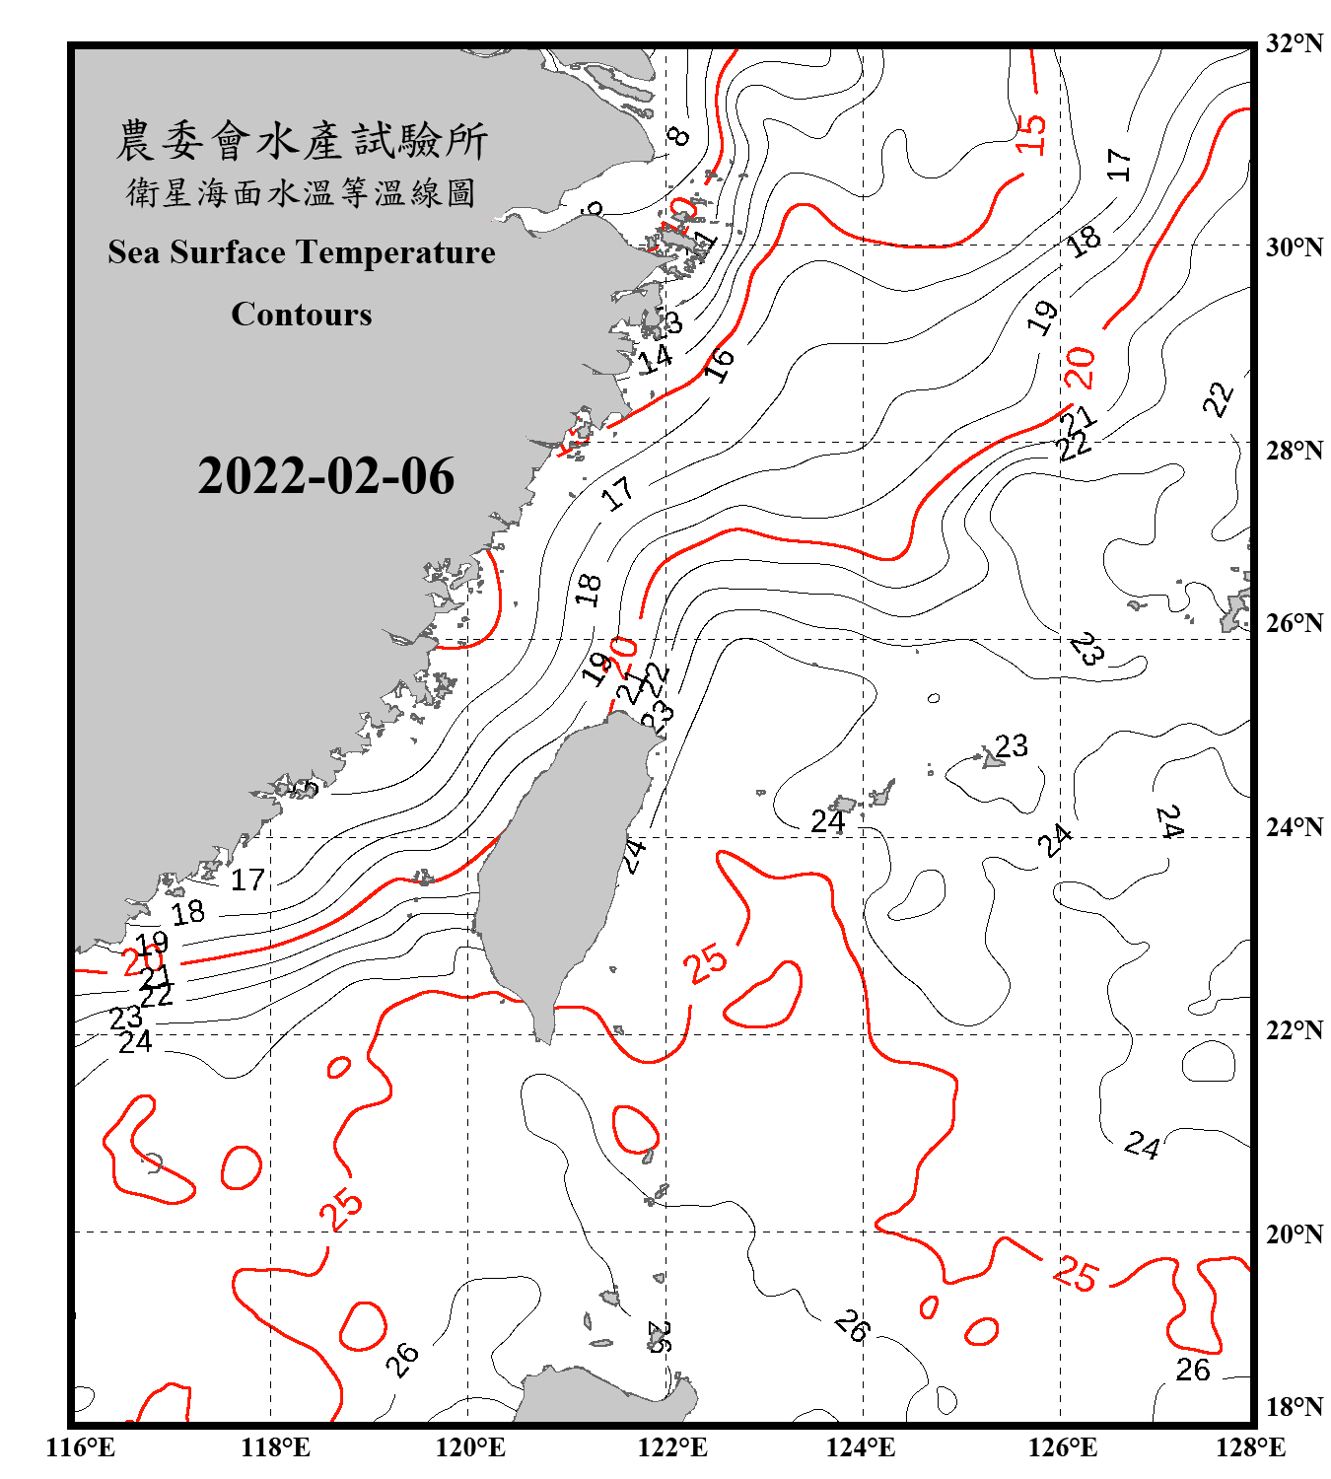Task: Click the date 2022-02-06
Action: pyautogui.click(x=325, y=476)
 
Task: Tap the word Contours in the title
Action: pyautogui.click(x=302, y=315)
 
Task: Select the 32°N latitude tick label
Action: pyautogui.click(x=1295, y=43)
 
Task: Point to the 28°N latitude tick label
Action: pyautogui.click(x=1295, y=451)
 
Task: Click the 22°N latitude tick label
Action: pyautogui.click(x=1295, y=1030)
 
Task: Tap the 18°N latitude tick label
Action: pyautogui.click(x=1295, y=1407)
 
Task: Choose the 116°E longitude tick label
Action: pyautogui.click(x=81, y=1447)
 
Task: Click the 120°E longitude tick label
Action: pyautogui.click(x=470, y=1447)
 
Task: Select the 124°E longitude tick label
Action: pyautogui.click(x=861, y=1447)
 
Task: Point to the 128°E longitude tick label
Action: pyautogui.click(x=1250, y=1447)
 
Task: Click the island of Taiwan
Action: pyautogui.click(x=562, y=868)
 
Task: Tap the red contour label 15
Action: pyautogui.click(x=1029, y=133)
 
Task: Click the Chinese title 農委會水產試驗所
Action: pyautogui.click(x=302, y=140)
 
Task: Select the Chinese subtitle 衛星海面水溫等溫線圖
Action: pyautogui.click(x=302, y=192)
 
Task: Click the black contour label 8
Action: pyautogui.click(x=677, y=136)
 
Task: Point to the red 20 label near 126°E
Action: pyautogui.click(x=1080, y=368)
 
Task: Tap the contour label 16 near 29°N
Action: pyautogui.click(x=720, y=364)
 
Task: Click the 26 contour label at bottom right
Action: pyautogui.click(x=1193, y=1370)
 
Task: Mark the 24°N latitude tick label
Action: pyautogui.click(x=1295, y=826)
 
